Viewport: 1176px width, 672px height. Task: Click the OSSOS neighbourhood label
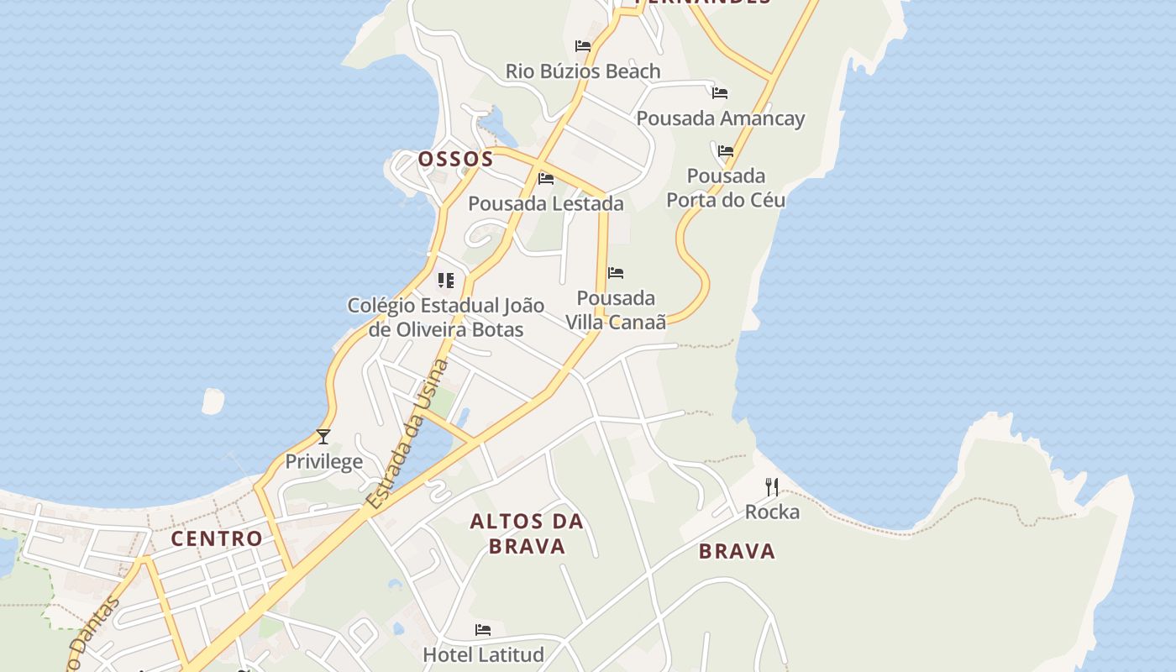pyautogui.click(x=455, y=159)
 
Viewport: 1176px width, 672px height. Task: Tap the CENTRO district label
pyautogui.click(x=217, y=538)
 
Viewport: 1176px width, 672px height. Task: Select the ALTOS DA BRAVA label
pyautogui.click(x=527, y=533)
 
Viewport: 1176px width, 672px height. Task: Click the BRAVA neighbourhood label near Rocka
pyautogui.click(x=737, y=551)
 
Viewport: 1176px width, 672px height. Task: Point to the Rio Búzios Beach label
pyautogui.click(x=583, y=71)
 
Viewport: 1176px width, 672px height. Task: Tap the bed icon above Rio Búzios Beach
pyautogui.click(x=583, y=46)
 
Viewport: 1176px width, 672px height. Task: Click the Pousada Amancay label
pyautogui.click(x=721, y=118)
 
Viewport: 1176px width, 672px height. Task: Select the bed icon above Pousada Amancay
pyautogui.click(x=720, y=93)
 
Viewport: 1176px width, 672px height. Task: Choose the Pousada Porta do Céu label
pyautogui.click(x=726, y=187)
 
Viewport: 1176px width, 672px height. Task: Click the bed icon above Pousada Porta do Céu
pyautogui.click(x=726, y=151)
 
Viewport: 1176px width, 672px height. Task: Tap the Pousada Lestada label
pyautogui.click(x=546, y=203)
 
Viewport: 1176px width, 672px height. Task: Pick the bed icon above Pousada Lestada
pyautogui.click(x=546, y=178)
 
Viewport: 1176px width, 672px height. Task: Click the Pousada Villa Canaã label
pyautogui.click(x=616, y=310)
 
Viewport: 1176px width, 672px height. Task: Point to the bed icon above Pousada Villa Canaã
pyautogui.click(x=616, y=273)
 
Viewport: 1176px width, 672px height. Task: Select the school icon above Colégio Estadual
pyautogui.click(x=446, y=280)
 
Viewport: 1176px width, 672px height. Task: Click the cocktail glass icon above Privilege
pyautogui.click(x=323, y=436)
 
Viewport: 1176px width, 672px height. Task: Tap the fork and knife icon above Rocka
pyautogui.click(x=772, y=486)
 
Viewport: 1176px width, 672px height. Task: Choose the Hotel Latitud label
pyautogui.click(x=483, y=654)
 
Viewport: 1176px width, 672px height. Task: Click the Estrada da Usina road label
pyautogui.click(x=408, y=434)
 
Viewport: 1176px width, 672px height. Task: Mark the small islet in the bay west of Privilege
pyautogui.click(x=213, y=401)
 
